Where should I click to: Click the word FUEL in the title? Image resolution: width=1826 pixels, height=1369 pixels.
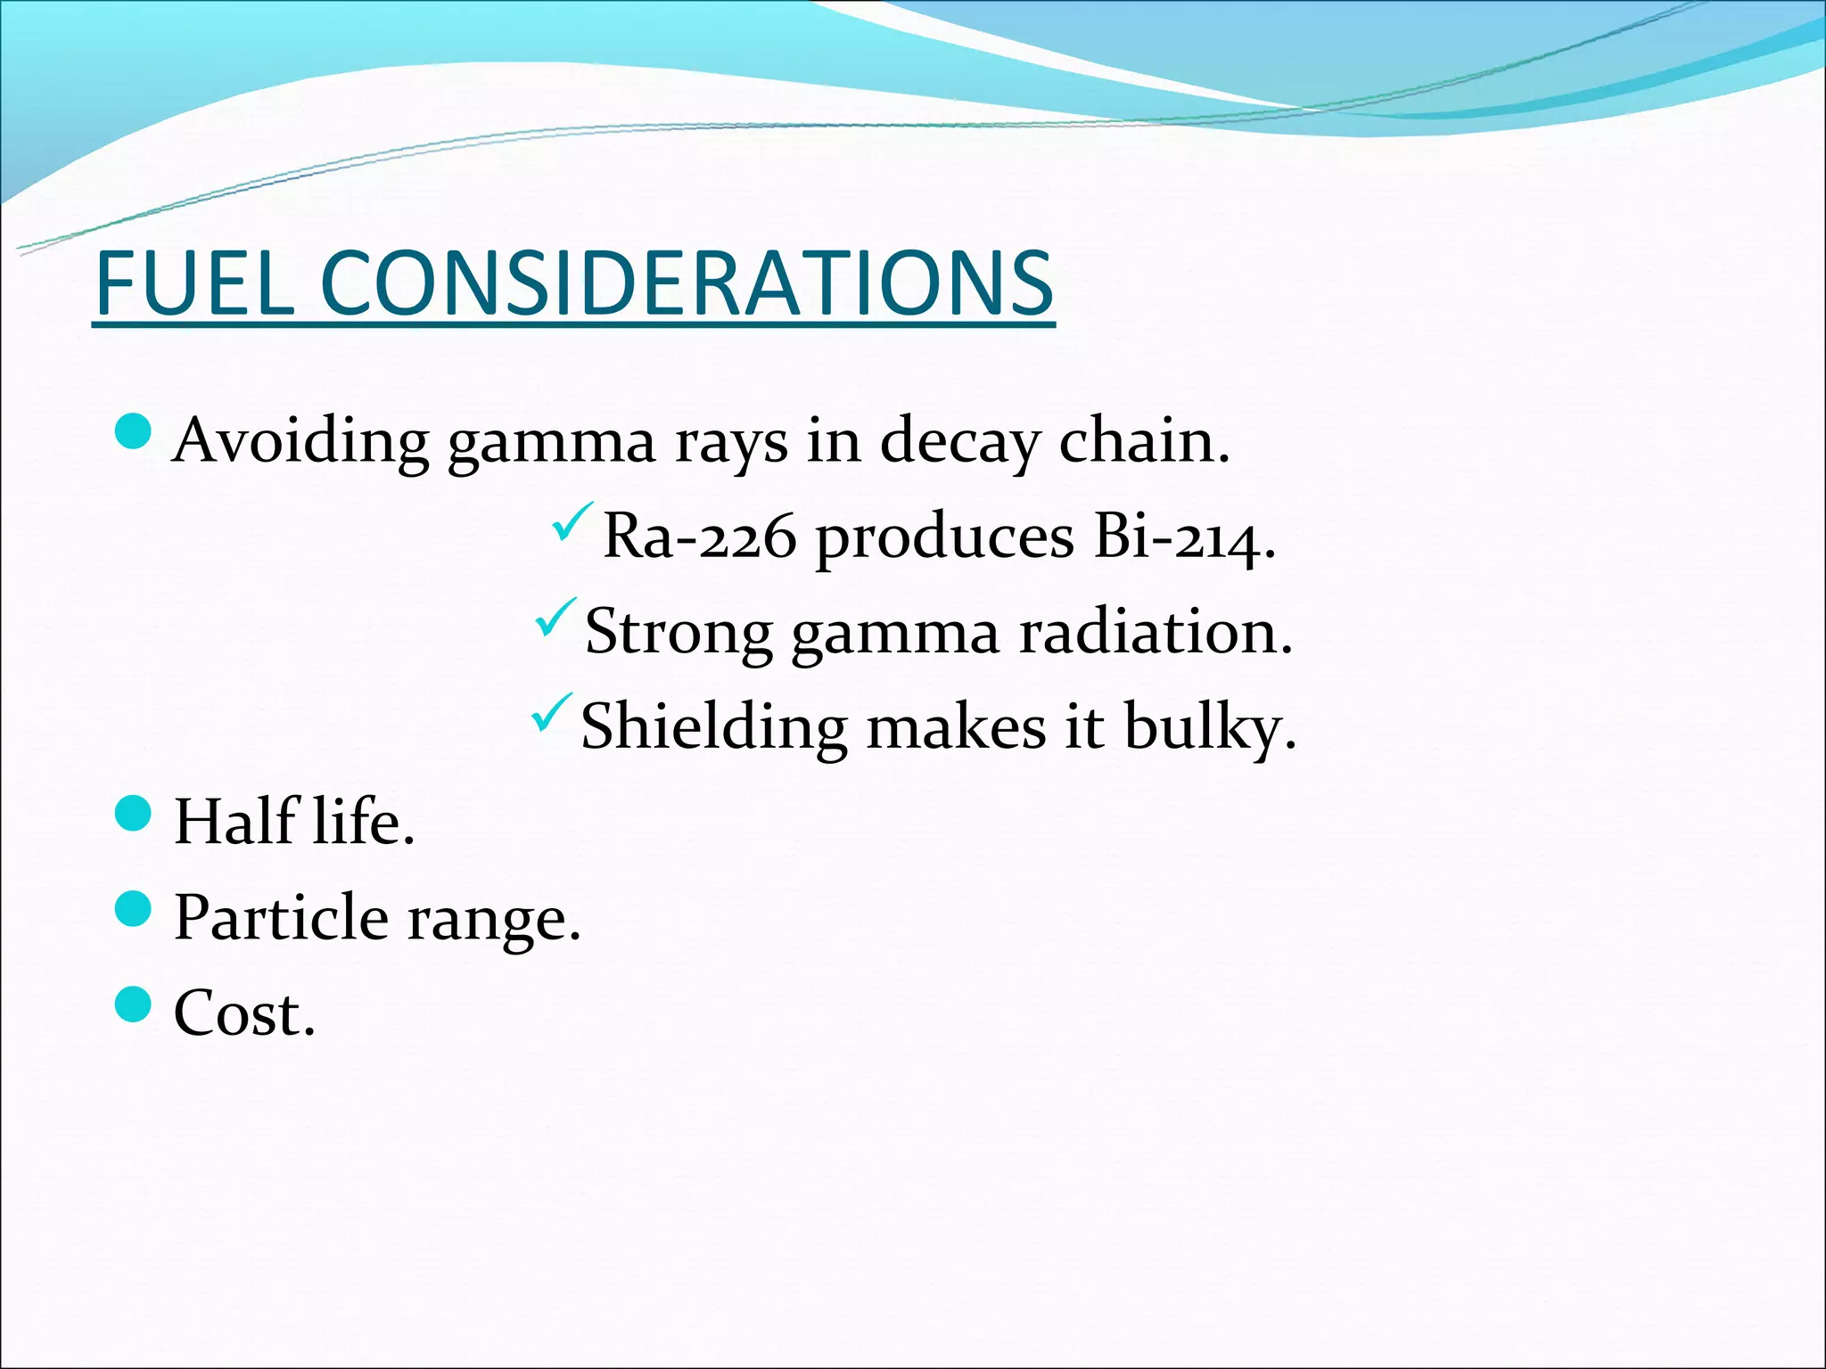point(194,283)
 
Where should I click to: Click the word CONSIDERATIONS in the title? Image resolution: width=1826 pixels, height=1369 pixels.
point(687,283)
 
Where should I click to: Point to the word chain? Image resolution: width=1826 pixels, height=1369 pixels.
point(1143,441)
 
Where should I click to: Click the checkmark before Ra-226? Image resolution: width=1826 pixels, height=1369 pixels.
point(572,523)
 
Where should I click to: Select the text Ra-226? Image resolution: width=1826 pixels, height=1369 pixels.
point(699,537)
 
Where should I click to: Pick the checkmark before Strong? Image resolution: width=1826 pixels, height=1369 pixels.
point(555,618)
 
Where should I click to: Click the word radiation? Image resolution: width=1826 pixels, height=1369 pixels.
point(1156,632)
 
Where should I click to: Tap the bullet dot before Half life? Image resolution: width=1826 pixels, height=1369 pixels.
point(135,814)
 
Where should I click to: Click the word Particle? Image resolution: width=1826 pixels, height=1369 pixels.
point(281,917)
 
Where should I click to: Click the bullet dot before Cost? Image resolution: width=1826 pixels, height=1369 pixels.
point(135,1004)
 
